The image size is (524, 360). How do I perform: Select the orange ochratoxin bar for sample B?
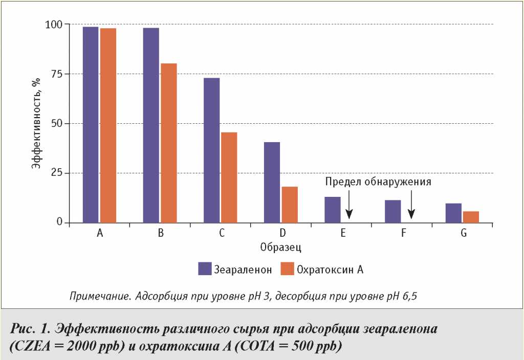tap(168, 143)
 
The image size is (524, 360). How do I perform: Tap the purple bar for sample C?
tap(211, 150)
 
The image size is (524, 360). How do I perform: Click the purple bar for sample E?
tap(332, 210)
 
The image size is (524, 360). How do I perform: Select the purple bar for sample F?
tap(392, 211)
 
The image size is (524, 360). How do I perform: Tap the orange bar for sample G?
tap(471, 217)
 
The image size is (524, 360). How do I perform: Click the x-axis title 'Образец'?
tap(280, 248)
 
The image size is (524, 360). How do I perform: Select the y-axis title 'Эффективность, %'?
tap(36, 123)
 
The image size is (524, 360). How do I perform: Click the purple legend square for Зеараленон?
tap(205, 268)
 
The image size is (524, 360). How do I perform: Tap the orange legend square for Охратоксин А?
tap(287, 268)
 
